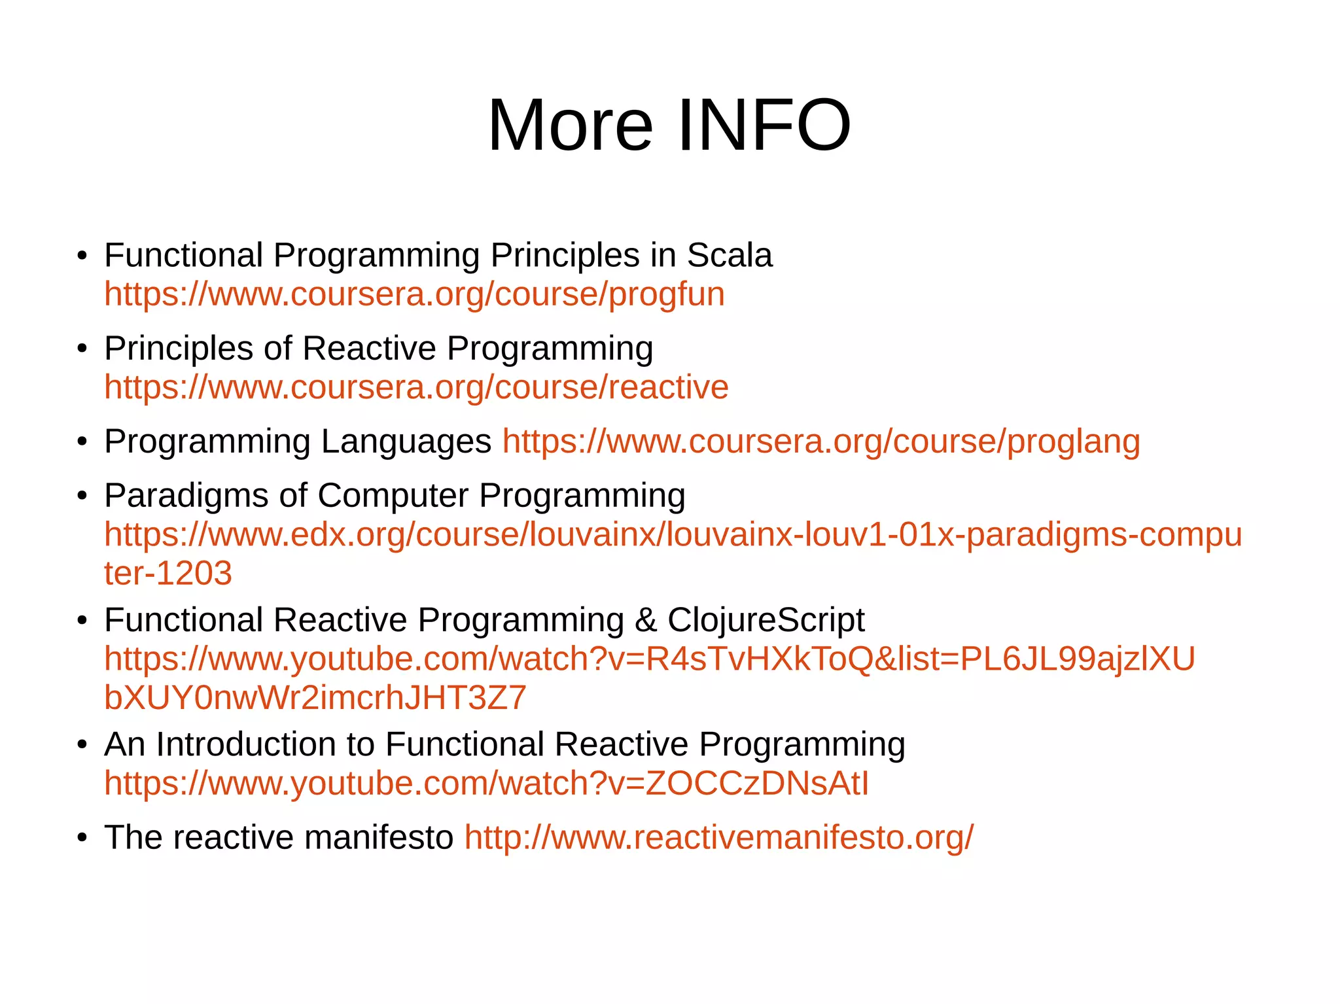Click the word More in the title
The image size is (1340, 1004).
coord(570,125)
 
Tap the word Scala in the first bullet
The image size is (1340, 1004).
coord(729,255)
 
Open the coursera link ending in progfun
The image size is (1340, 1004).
coord(414,294)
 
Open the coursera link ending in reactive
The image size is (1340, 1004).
coord(416,387)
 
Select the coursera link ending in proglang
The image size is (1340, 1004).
coord(821,441)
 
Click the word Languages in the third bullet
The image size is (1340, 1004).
coord(406,442)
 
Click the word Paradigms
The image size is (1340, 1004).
coord(186,496)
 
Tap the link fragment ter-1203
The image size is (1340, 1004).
coord(168,574)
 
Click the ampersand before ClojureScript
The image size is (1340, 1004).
coord(645,620)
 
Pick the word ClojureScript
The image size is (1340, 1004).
coord(766,620)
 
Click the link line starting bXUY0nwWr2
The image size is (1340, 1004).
coord(315,698)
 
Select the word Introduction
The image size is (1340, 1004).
coord(265,744)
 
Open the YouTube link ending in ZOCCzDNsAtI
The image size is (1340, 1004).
coord(486,784)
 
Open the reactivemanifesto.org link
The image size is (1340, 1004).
coord(718,838)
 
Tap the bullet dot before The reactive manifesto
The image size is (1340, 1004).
coord(82,839)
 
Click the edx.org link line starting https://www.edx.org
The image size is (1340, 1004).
coord(673,535)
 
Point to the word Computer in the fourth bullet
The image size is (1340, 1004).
coord(393,496)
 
